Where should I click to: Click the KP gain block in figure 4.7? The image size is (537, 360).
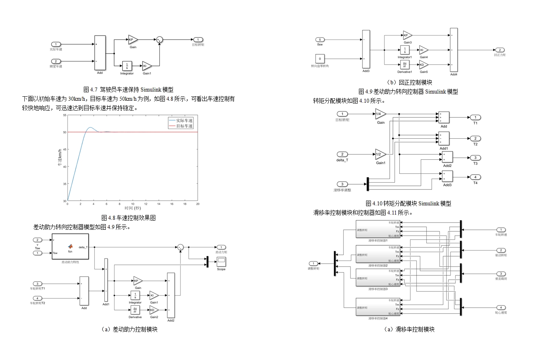[132, 40]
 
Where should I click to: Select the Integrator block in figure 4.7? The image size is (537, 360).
[127, 66]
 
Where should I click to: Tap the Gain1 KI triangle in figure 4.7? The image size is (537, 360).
[146, 66]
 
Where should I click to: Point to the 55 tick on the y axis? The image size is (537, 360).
[65, 115]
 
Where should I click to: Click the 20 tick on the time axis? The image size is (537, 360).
[198, 204]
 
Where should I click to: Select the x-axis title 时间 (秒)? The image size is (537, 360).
[133, 208]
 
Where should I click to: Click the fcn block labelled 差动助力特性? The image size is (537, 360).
[70, 247]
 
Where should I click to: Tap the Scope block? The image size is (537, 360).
[221, 262]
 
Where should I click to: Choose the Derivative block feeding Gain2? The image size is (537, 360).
[135, 310]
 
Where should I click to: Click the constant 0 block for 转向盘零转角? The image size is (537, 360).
[320, 59]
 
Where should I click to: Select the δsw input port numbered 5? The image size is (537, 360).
[320, 40]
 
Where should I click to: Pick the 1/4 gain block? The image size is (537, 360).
[380, 114]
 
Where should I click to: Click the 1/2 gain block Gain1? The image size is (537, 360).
[380, 154]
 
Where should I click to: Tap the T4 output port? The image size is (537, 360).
[475, 177]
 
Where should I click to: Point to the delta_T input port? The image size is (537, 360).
[342, 154]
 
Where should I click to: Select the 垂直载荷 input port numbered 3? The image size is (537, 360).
[501, 274]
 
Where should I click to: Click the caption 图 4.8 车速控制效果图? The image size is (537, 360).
[129, 218]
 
